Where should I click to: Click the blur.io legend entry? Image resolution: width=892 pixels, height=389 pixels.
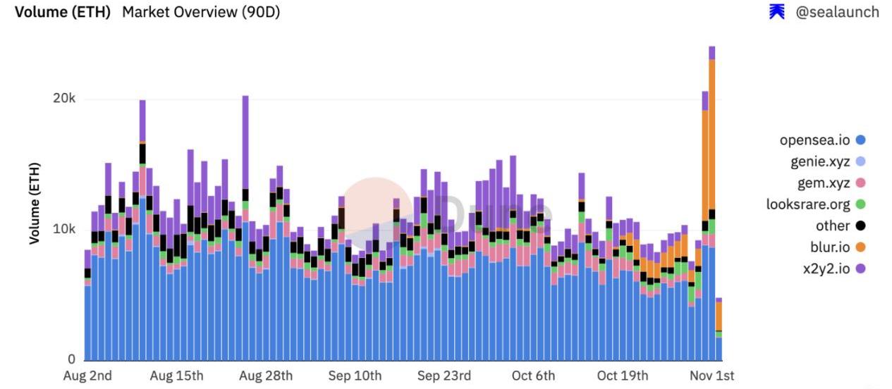coord(831,247)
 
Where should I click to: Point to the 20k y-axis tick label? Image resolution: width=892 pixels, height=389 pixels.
coord(64,99)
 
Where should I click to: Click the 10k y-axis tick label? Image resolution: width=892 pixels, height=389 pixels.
coord(64,230)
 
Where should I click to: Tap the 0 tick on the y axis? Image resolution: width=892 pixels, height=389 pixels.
coord(72,360)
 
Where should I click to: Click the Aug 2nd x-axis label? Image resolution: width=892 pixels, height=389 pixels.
coord(87,376)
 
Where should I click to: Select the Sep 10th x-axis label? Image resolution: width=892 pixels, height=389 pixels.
coord(355,376)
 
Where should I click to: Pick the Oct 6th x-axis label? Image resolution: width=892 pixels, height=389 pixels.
coord(533,376)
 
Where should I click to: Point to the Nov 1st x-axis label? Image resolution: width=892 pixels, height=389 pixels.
coord(711,376)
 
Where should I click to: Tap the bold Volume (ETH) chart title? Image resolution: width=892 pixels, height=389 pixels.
coord(63,12)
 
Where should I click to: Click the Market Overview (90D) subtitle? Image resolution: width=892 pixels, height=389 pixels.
coord(201,12)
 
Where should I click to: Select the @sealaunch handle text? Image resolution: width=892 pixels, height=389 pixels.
coord(837,12)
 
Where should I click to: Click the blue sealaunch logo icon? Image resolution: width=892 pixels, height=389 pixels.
coord(777,11)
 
